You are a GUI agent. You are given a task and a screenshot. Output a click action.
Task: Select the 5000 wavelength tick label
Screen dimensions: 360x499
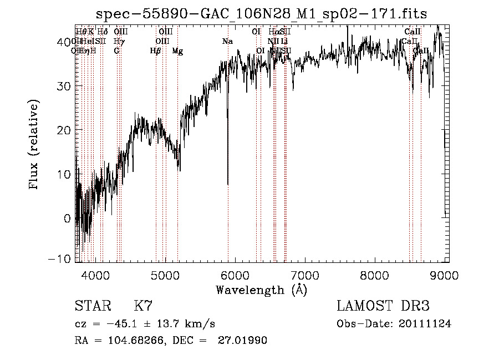point(165,276)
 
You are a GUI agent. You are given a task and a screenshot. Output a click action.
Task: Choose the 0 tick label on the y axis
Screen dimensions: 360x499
point(67,218)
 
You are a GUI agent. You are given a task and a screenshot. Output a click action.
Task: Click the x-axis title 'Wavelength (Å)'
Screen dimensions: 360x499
point(261,290)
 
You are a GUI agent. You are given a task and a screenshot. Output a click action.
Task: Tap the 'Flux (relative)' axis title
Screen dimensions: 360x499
point(34,146)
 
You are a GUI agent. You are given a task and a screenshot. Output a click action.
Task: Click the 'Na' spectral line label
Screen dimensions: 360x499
point(227,41)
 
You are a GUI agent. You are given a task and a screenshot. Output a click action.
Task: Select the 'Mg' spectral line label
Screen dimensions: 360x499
point(177,51)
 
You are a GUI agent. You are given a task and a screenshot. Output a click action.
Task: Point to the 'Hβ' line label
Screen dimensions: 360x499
point(155,51)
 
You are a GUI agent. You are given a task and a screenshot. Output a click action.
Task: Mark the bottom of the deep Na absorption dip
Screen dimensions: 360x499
point(228,184)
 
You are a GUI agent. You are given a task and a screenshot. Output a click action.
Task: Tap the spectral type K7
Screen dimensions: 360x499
point(143,306)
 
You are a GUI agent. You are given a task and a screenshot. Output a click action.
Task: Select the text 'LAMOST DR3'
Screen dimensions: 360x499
point(383,306)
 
